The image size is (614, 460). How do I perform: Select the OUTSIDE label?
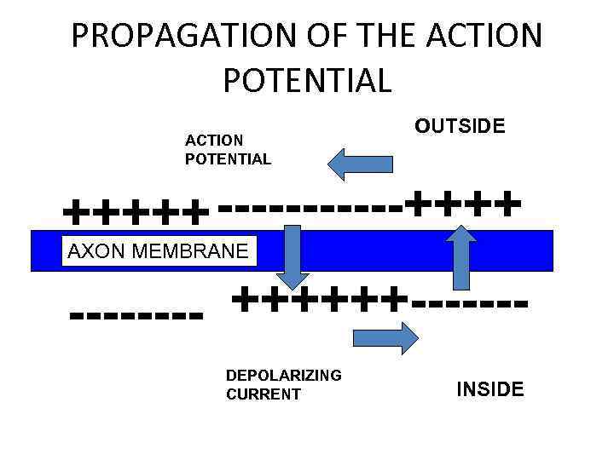coord(460,126)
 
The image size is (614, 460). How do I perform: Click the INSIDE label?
coord(490,390)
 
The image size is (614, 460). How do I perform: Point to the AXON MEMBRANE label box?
coord(158,250)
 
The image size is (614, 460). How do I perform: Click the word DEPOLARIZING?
coord(283,375)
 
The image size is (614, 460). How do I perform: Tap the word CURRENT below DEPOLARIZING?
coord(263,394)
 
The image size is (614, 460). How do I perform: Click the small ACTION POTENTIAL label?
coord(228,149)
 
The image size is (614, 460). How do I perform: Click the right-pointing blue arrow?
coord(385,338)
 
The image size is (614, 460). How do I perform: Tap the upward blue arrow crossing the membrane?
coord(461,256)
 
